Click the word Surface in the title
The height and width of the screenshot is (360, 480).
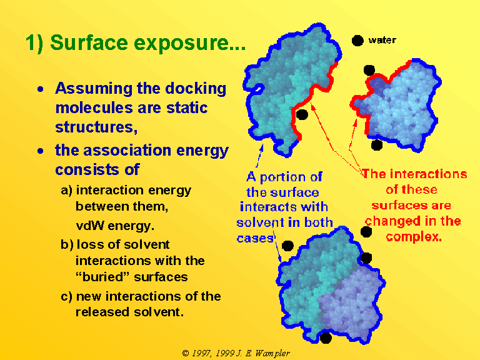pos(89,42)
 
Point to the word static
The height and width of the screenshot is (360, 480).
pos(187,107)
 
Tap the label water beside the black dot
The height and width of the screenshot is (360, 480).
pos(382,40)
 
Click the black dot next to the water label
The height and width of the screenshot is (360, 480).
pos(357,40)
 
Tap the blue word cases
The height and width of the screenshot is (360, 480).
pos(255,239)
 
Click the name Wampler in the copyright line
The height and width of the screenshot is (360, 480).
pos(272,354)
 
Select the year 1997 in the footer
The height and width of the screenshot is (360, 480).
pos(201,353)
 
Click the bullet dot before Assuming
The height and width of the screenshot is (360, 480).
pos(41,89)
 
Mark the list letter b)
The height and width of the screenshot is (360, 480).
pos(67,244)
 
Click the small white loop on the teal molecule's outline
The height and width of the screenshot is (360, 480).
pos(259,89)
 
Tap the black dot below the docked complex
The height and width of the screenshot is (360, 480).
pos(326,338)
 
